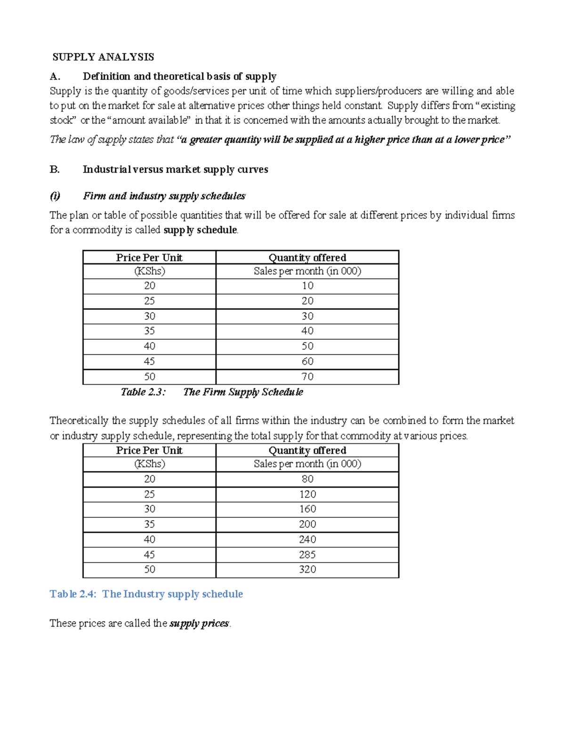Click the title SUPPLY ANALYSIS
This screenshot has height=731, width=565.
point(103,57)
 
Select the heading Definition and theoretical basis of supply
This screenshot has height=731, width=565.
point(179,76)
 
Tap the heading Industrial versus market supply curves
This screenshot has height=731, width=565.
point(175,169)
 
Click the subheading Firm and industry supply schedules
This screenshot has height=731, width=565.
point(164,196)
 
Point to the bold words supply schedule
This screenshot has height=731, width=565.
point(200,230)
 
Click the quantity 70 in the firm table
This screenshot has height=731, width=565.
point(307,377)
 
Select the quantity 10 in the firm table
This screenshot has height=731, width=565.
point(307,286)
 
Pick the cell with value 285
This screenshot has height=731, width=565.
point(307,554)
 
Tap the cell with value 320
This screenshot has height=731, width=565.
point(307,570)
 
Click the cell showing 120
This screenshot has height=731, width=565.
point(307,494)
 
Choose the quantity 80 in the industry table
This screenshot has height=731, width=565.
point(307,479)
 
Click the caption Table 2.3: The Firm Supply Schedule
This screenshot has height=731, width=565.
point(212,392)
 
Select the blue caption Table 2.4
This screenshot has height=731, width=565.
point(146,594)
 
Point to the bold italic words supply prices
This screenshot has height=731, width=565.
point(199,623)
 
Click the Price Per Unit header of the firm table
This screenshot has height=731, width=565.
point(149,257)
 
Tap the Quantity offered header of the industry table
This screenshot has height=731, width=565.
point(307,450)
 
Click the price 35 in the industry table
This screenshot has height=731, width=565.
point(149,524)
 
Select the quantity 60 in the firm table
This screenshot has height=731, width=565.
point(307,361)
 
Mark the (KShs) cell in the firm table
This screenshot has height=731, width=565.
point(149,271)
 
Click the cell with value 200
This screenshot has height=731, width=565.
point(307,524)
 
